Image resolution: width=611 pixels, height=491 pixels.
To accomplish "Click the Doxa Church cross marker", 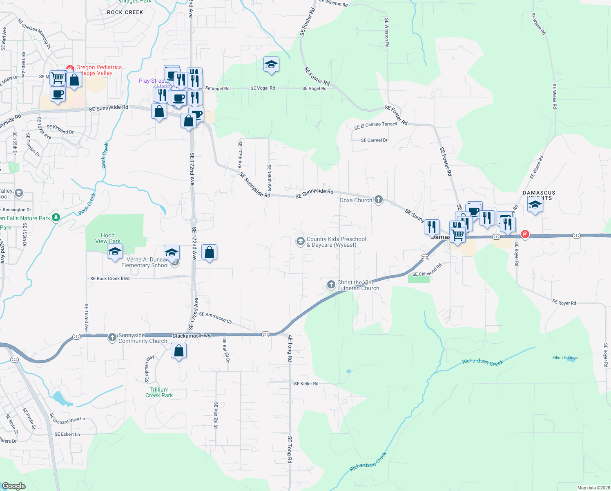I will click(379, 200).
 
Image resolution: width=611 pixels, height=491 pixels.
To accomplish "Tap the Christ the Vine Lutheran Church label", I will click(358, 285).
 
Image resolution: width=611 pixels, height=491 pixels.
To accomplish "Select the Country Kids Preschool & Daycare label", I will click(336, 242).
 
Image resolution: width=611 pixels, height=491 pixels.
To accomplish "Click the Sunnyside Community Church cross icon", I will click(112, 338).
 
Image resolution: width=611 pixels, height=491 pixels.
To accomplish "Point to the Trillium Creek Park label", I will click(159, 392).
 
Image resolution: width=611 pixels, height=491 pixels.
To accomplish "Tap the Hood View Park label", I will click(108, 238).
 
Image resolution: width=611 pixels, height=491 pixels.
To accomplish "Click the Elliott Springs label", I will click(565, 358).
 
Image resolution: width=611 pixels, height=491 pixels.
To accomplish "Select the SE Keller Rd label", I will click(306, 383).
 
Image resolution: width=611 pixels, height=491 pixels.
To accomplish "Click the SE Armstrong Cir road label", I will click(216, 318).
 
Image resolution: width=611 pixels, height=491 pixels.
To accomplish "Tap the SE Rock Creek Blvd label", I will click(110, 279).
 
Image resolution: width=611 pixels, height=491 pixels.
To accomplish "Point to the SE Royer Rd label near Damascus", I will click(564, 303).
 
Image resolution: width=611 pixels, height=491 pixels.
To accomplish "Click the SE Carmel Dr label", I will click(374, 140).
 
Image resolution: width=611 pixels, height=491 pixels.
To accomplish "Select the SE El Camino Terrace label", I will click(376, 125).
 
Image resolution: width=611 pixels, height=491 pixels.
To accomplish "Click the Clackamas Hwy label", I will click(191, 336).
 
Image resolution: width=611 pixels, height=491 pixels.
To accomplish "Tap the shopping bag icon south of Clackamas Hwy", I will click(178, 351).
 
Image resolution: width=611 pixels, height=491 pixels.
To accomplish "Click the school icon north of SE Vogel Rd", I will click(271, 64).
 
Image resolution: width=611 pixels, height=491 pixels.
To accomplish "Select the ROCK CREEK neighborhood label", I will click(125, 12).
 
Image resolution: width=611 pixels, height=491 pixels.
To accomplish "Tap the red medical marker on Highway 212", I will click(525, 234).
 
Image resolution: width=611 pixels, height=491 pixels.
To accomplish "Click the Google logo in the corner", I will click(14, 486).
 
